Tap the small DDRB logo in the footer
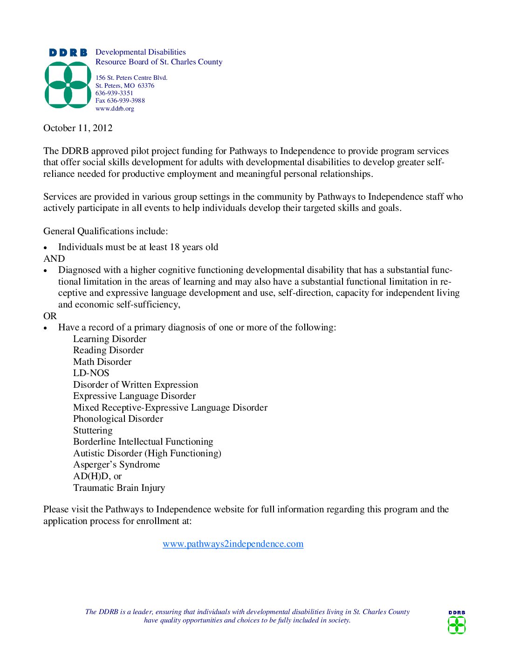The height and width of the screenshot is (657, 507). (457, 622)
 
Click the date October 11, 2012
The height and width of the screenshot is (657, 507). (78, 128)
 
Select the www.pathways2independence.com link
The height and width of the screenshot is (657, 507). (233, 544)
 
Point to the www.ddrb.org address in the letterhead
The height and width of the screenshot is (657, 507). (115, 109)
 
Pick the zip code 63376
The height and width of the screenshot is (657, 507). (146, 86)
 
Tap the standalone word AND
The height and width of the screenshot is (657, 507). (54, 259)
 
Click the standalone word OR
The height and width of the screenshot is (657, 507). (50, 316)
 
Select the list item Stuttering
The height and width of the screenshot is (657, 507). (93, 431)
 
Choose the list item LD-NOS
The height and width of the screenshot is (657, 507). (91, 373)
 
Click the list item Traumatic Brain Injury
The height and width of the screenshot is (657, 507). (119, 488)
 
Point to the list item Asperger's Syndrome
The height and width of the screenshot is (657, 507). (116, 465)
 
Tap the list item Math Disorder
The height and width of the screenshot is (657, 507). (102, 362)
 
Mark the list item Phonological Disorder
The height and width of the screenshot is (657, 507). (118, 419)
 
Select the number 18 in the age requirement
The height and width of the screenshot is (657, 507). (175, 247)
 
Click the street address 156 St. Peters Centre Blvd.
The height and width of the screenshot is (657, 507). (131, 78)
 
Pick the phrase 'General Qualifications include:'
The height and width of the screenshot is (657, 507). (105, 231)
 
